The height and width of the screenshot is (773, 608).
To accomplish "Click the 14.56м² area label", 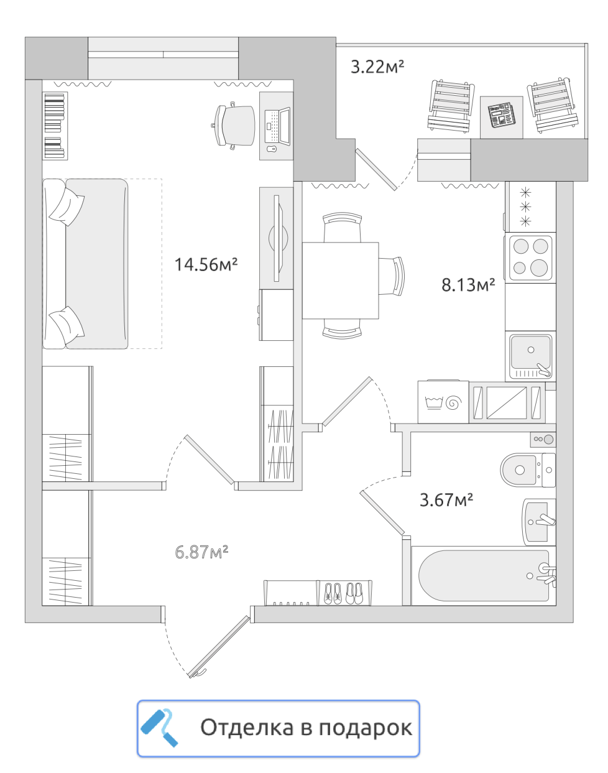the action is [x=206, y=264].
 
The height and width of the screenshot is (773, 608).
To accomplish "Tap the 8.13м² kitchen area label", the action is [x=468, y=284].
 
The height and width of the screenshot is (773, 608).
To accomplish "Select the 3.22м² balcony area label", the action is [x=377, y=67].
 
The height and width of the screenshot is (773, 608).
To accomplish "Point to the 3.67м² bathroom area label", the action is [x=446, y=499].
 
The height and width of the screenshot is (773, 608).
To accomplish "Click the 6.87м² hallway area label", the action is [x=201, y=552].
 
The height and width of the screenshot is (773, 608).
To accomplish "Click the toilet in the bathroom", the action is [x=528, y=470].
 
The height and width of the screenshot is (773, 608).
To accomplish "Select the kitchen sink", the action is [x=530, y=356].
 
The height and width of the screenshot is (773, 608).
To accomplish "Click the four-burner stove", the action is [x=530, y=257].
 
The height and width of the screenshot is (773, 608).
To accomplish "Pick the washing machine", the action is [x=443, y=402].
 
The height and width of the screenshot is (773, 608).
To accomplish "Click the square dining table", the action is [x=340, y=280].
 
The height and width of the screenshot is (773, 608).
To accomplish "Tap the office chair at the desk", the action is [x=233, y=126].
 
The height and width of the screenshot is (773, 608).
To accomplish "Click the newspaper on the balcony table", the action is [x=501, y=115].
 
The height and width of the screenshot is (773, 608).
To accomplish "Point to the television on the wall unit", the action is [x=278, y=238].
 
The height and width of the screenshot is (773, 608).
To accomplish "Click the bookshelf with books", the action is [x=55, y=126].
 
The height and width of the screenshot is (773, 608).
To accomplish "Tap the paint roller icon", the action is [x=159, y=728].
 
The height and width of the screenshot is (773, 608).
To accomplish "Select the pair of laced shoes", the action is [x=333, y=593].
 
